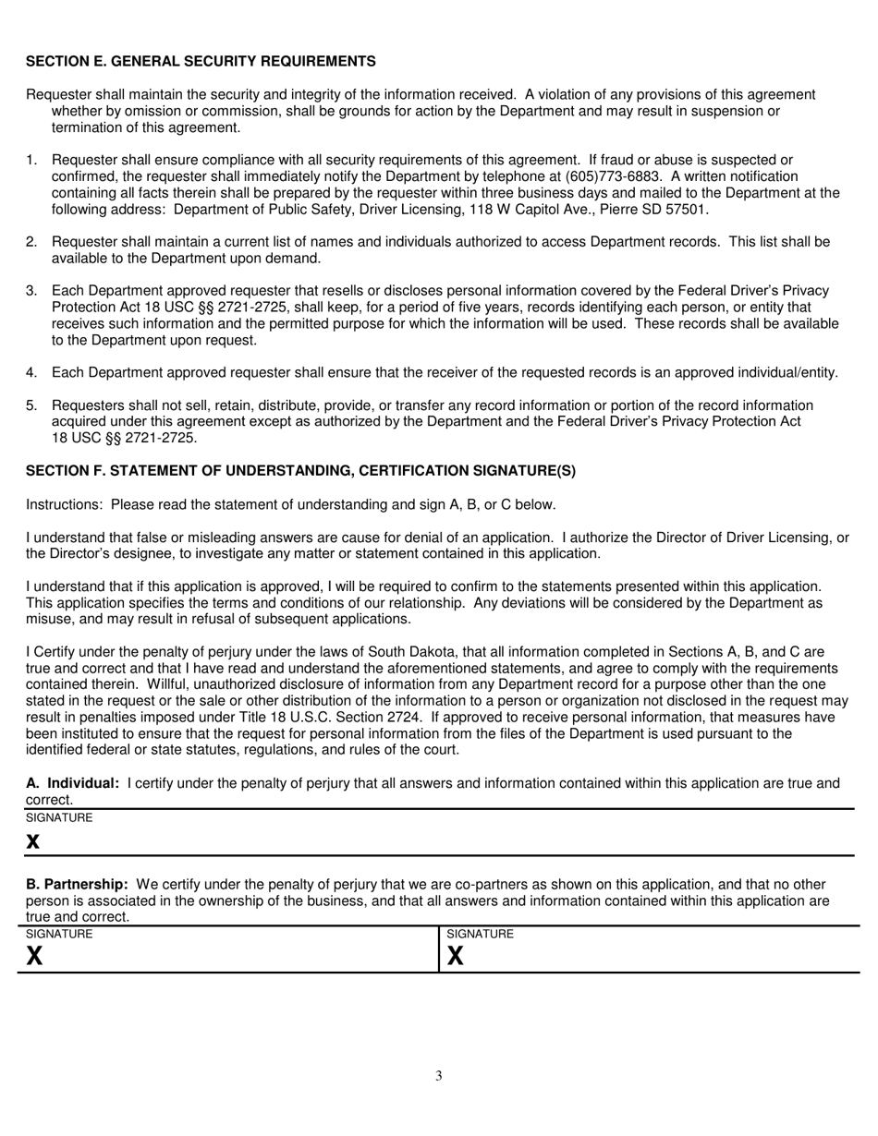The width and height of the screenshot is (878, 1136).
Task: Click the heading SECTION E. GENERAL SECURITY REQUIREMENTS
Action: pos(201,61)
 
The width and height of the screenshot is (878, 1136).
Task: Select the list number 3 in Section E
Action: pos(30,291)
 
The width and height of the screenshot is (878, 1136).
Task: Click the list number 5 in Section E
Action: pos(30,405)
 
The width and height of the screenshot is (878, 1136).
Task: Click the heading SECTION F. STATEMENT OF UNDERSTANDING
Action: pos(300,471)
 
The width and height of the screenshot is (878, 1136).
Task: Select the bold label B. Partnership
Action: pos(77,885)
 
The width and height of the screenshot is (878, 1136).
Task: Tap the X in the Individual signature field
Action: pos(33,841)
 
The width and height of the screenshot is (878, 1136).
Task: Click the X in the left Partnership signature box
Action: pos(34,956)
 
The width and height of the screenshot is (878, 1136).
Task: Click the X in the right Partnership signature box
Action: pos(455,956)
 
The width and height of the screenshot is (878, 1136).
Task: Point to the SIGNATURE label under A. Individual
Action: pos(59,818)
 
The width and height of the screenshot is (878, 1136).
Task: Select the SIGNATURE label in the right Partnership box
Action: pos(480,935)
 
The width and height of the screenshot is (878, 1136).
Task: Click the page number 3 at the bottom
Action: pos(439,1075)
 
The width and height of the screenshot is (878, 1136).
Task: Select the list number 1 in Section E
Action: pos(30,161)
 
